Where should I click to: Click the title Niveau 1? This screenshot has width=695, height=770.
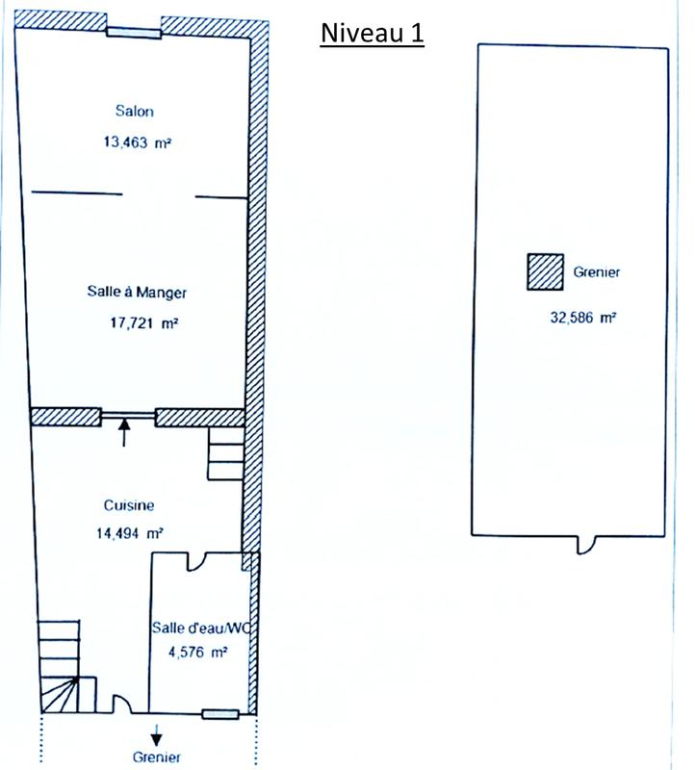coord(372,34)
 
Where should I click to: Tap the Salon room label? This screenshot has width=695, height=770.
coord(135,111)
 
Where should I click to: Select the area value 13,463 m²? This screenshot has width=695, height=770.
coord(138,142)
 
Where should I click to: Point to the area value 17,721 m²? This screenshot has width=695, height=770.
coord(144,324)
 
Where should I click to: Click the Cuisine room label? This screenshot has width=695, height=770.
coord(129,504)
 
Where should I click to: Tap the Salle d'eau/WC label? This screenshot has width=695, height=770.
coord(200,628)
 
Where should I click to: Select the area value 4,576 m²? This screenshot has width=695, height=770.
coord(195,652)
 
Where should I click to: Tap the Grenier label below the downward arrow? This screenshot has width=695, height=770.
coord(157,757)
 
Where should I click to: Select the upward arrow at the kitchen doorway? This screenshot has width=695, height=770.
coord(124,432)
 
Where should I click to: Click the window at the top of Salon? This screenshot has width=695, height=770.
coord(133,32)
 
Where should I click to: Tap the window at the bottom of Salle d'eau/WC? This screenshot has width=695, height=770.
coord(220,713)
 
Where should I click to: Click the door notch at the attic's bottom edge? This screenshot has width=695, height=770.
coord(583,544)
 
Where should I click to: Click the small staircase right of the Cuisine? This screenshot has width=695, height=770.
coord(226,455)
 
